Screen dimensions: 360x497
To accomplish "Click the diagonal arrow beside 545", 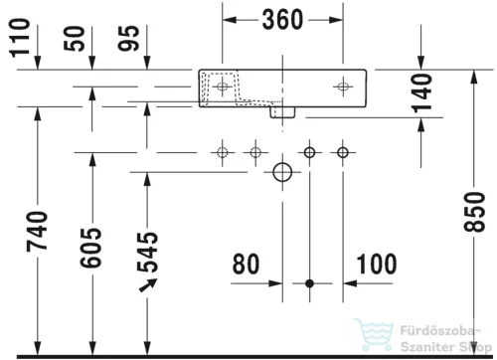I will [149, 287].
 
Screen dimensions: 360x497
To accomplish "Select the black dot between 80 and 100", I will [309, 283].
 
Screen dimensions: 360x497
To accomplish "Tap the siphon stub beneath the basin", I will [283, 113].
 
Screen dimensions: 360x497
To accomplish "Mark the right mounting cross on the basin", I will [343, 86].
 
